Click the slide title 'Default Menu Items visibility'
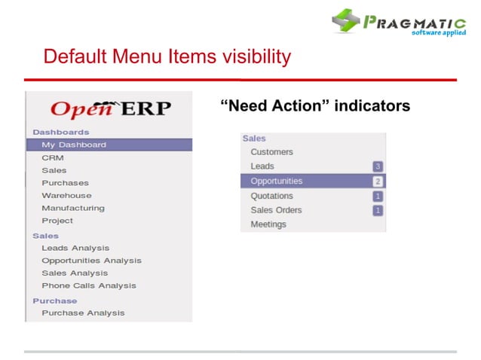pos(167,56)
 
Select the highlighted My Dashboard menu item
pos(74,145)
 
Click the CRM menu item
pos(53,157)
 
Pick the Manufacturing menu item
pos(73,208)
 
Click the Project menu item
pos(57,221)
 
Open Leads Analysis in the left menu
pos(75,248)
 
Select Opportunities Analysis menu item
pos(91,261)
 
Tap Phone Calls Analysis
pos(89,285)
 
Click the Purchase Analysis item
pos(83,313)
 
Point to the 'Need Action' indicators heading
pos(315,105)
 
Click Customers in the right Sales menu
pos(271,152)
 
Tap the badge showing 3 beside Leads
pos(378,166)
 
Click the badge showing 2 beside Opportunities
pos(378,182)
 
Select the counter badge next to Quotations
pos(378,196)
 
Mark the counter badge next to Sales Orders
pos(378,210)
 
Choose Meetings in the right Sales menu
pos(268,224)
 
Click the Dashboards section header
pos(60,132)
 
